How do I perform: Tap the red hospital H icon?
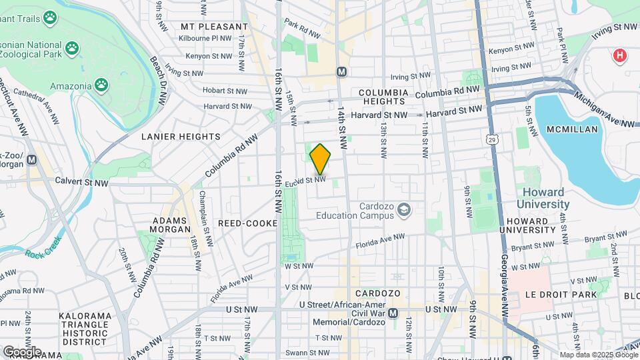[x=620, y=55]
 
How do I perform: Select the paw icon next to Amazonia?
[x=101, y=84]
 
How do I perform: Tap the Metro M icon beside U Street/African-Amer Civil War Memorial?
[x=393, y=313]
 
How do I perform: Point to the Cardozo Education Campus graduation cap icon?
[x=403, y=211]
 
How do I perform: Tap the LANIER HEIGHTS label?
[x=181, y=137]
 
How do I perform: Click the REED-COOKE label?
[x=247, y=223]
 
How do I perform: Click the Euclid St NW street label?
[x=305, y=180]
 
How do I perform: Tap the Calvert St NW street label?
[x=81, y=182]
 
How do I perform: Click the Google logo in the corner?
[x=21, y=351]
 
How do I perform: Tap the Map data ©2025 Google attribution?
[x=597, y=355]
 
